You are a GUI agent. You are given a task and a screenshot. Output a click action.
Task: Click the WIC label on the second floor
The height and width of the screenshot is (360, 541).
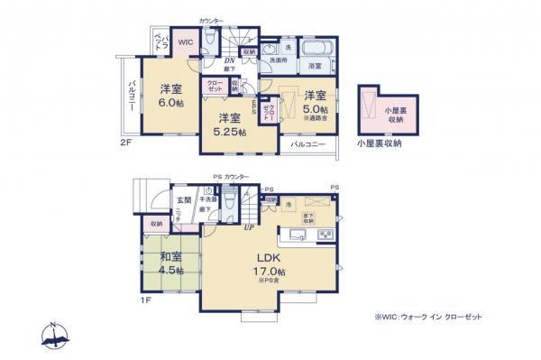click(x=184, y=42)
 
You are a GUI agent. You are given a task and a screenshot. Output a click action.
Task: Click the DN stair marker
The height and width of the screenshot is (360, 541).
click(x=230, y=60)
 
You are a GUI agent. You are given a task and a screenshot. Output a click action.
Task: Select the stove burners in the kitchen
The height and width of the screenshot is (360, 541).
click(x=326, y=235)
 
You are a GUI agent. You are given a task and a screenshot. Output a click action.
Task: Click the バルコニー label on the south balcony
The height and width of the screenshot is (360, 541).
click(x=308, y=143)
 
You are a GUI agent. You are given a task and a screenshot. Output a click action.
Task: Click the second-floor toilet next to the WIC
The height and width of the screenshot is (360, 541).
click(x=208, y=41)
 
